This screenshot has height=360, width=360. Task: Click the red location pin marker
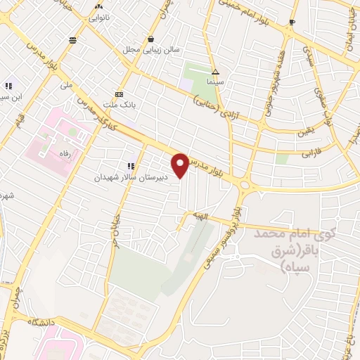tap(181, 165)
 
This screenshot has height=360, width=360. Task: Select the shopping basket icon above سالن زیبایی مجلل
tap(151, 39)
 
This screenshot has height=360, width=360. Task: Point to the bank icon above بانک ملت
tap(119, 94)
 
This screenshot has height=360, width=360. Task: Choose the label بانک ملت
tap(121, 104)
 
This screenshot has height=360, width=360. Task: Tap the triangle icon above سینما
tap(215, 71)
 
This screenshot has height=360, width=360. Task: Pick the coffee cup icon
tap(292, 23)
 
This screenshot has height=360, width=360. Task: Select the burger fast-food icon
tap(73, 40)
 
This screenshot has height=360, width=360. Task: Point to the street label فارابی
tap(310, 152)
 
